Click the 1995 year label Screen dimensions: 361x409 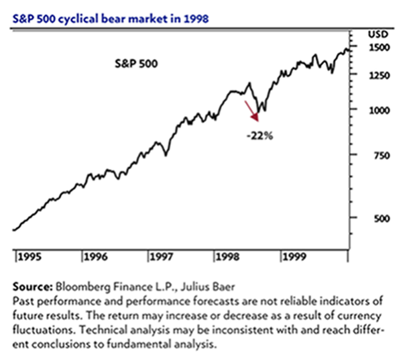(30, 256)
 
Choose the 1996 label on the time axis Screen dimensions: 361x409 (96, 256)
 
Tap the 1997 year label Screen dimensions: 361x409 (162, 256)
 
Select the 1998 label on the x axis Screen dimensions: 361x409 (229, 256)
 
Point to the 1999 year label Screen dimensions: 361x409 (295, 256)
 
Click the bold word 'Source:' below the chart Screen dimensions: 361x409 (33, 285)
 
